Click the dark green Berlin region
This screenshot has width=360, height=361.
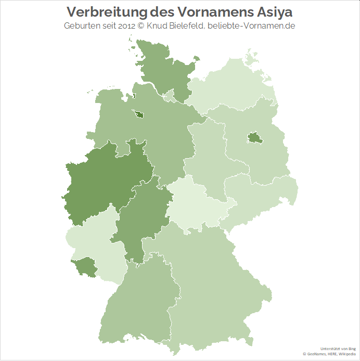coord(254,138)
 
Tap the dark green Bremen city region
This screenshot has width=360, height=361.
coord(140,115)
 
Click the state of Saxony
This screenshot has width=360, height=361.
coord(260,195)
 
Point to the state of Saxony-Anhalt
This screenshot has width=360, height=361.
coord(208,156)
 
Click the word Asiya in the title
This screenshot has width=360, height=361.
coord(274,11)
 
